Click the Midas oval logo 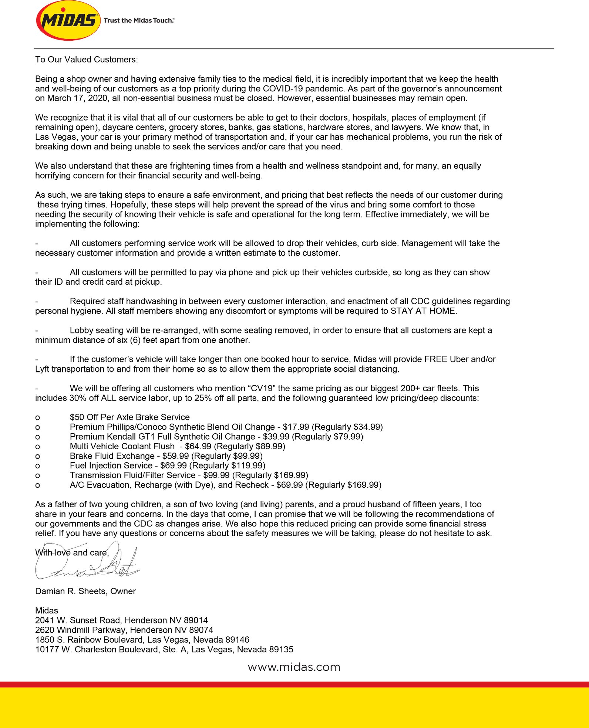[x=68, y=20]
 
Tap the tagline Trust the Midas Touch [x=139, y=21]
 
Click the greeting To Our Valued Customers [x=87, y=60]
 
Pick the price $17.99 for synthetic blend [x=296, y=427]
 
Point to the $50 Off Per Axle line [x=129, y=417]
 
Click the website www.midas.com [x=294, y=667]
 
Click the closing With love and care [x=72, y=553]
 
